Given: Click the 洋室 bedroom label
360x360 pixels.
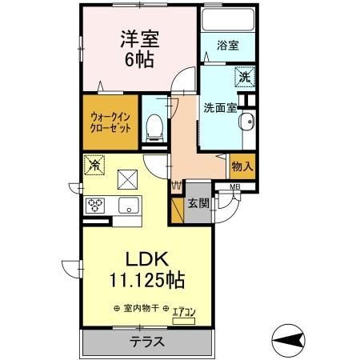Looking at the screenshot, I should (137, 38).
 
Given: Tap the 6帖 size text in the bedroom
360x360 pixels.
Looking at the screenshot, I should (137, 59).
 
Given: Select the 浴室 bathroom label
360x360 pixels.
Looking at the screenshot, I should (227, 46).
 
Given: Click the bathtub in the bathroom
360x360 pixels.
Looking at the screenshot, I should (227, 18).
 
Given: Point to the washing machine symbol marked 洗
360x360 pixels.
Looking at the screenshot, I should (244, 78).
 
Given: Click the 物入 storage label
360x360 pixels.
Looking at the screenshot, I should (242, 166).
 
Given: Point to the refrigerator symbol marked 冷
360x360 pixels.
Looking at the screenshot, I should (94, 165).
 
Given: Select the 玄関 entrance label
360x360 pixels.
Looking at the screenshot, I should (198, 203).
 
